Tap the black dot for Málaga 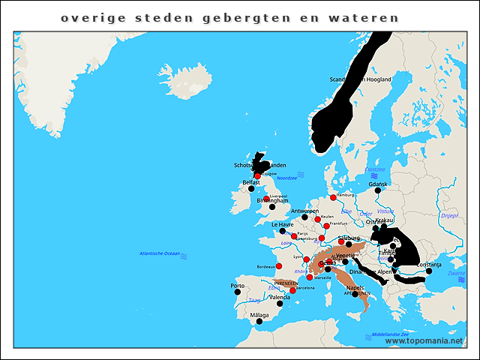(259, 322)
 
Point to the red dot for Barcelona (293, 290)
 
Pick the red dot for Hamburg (333, 197)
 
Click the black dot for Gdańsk (378, 190)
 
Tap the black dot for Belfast (251, 189)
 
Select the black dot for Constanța (429, 271)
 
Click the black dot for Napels (355, 294)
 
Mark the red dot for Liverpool (266, 199)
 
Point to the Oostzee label (374, 170)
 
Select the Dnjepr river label (449, 215)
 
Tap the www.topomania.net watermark (424, 341)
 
